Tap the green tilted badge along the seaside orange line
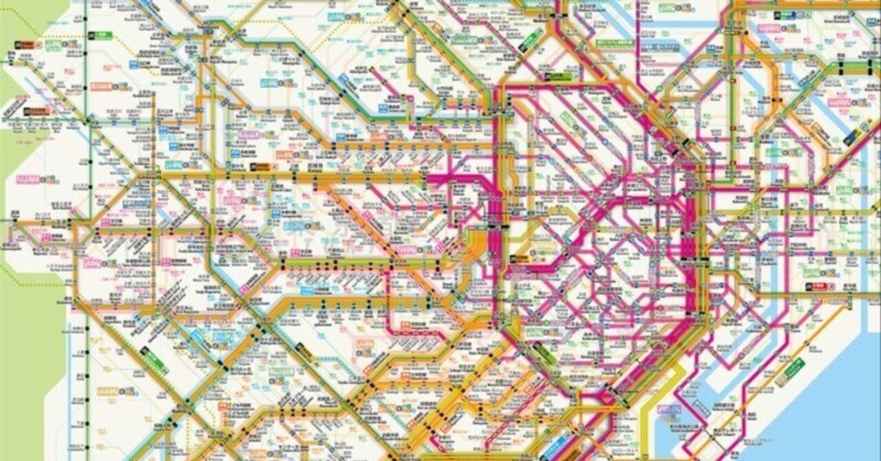(794, 368)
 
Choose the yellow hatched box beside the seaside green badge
(781, 379)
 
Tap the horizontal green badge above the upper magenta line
(558, 76)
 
